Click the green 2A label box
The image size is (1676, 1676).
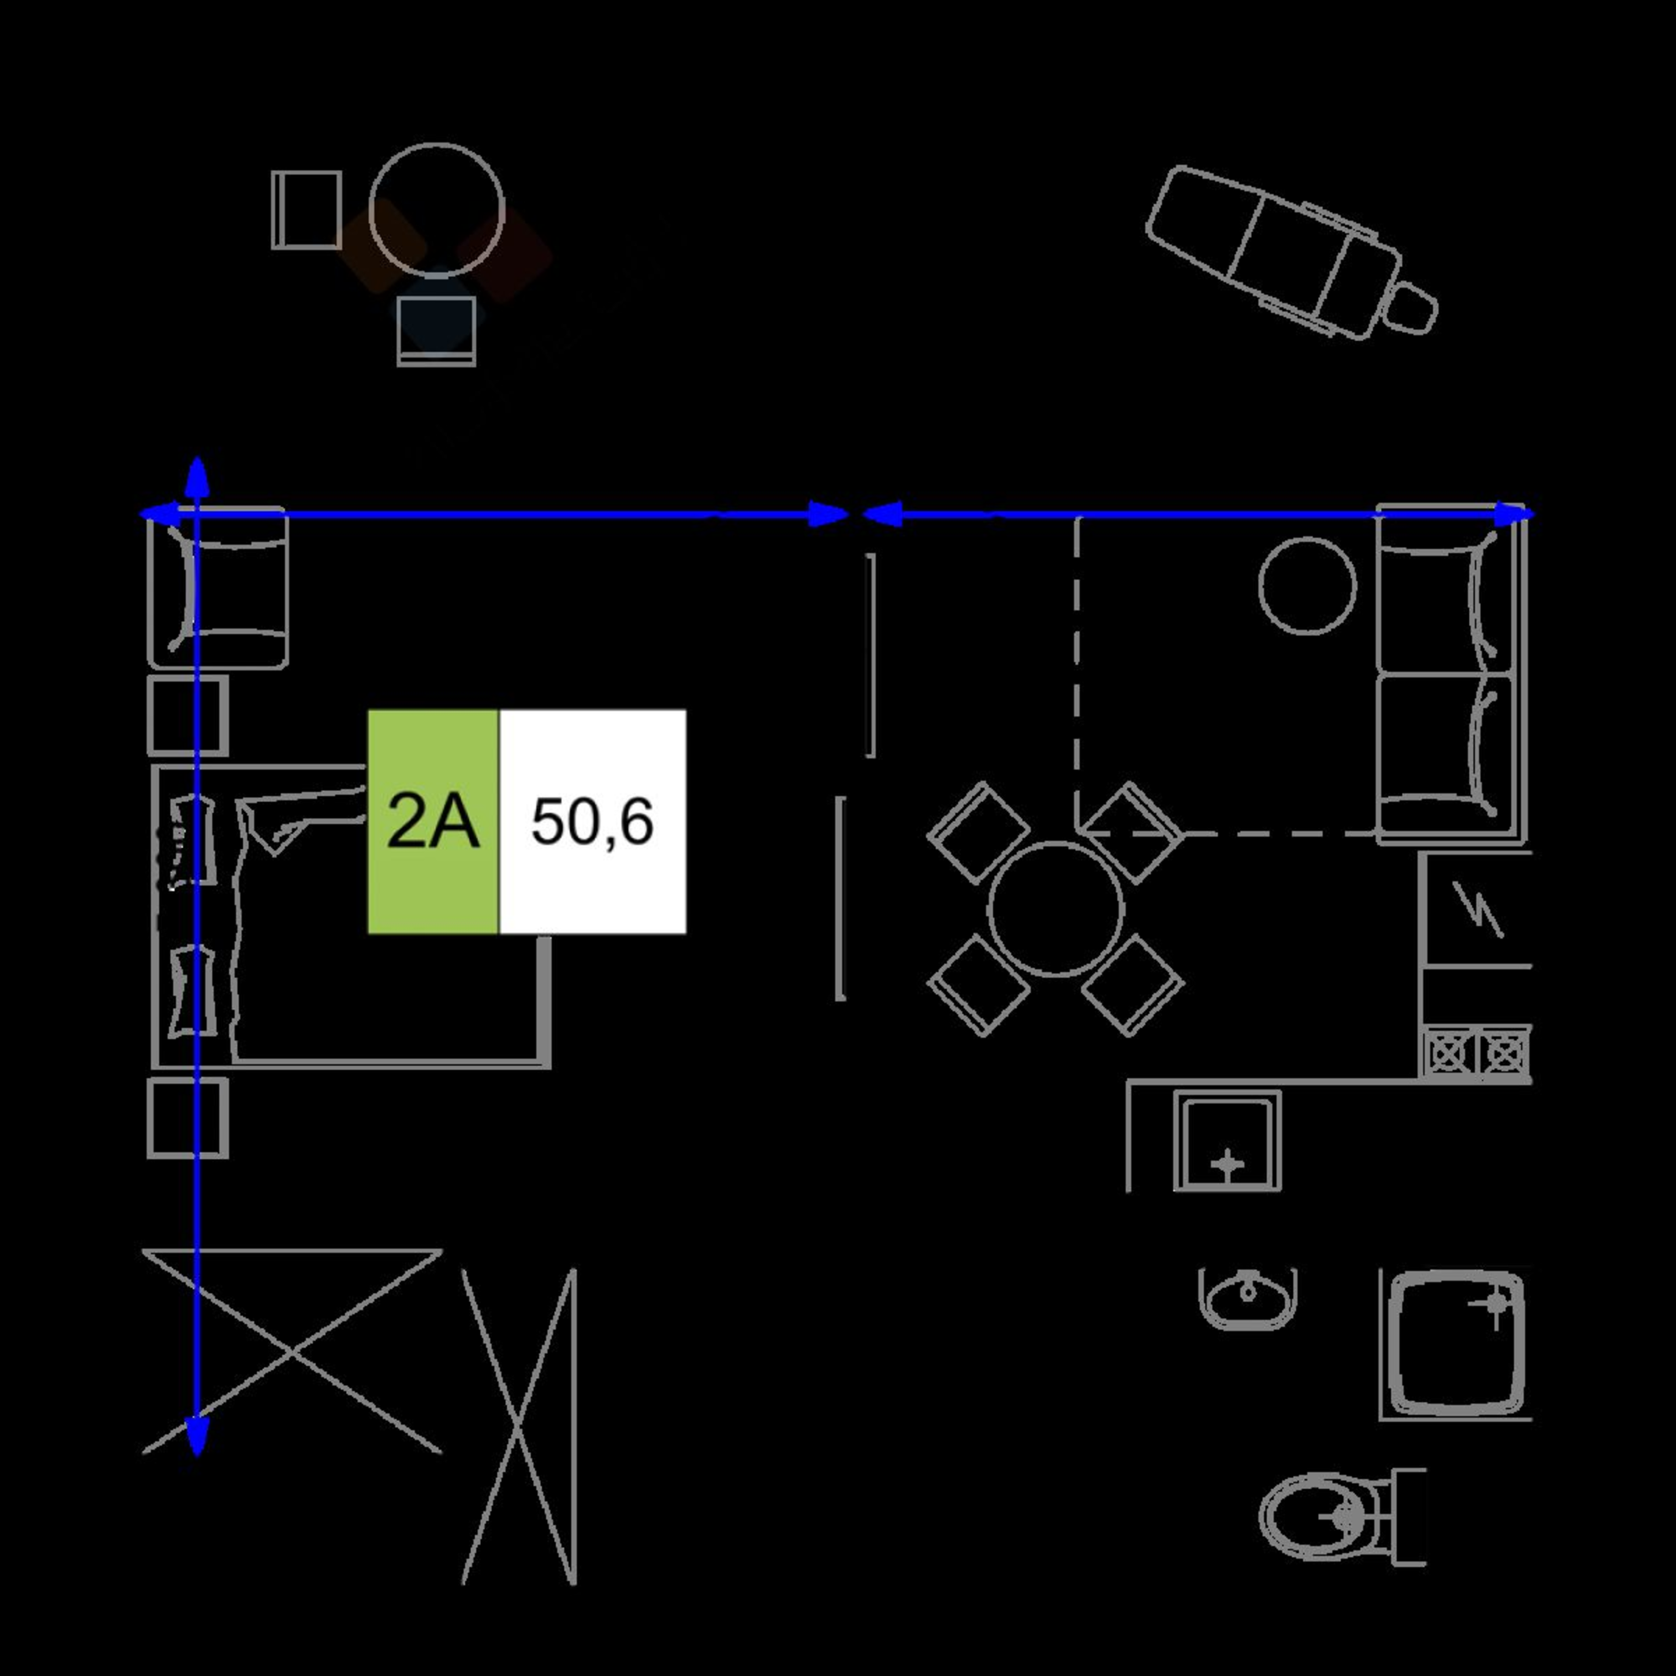point(433,821)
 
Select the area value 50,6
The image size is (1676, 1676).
point(592,822)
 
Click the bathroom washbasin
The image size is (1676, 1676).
point(1248,1298)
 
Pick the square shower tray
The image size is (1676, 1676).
point(1456,1344)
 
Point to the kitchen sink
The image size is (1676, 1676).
point(1228,1141)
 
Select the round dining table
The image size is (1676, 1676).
point(1056,908)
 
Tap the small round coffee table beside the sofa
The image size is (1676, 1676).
point(1306,586)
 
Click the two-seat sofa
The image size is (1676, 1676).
point(1450,674)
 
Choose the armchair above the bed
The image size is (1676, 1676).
point(218,589)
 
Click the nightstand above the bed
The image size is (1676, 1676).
point(189,716)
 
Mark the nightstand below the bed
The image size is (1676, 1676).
point(189,1118)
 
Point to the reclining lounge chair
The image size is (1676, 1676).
point(1291,251)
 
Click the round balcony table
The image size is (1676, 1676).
point(437,211)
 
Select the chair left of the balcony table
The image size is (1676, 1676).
point(306,210)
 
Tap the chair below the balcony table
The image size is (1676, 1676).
point(437,330)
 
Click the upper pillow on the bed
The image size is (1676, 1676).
point(193,840)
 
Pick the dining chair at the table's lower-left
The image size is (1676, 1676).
point(979,985)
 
